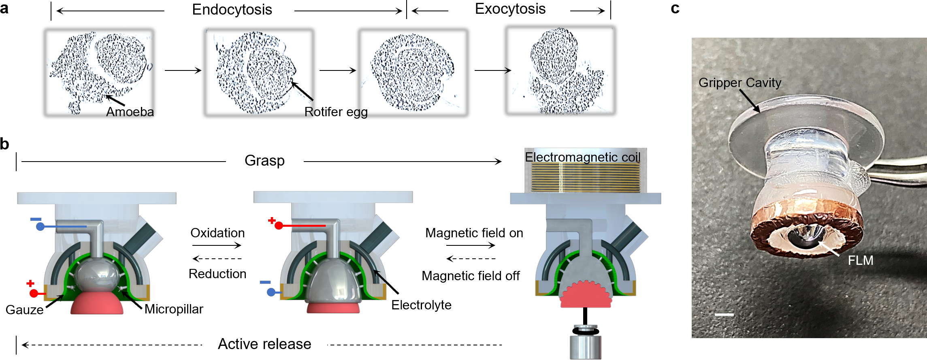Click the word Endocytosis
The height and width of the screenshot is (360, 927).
[232, 10]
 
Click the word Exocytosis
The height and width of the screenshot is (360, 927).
[510, 9]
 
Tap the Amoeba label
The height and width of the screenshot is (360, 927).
[130, 112]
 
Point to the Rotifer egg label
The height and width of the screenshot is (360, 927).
[336, 112]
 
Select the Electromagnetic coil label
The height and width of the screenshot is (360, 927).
[582, 157]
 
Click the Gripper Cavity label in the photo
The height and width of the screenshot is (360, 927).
[739, 83]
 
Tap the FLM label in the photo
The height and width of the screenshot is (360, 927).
[860, 260]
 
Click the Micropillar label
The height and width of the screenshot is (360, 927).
[174, 309]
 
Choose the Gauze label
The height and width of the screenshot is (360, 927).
[25, 310]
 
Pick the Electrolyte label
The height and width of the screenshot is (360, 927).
[421, 305]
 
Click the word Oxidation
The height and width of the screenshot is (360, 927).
[217, 233]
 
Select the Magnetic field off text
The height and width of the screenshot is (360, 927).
[471, 276]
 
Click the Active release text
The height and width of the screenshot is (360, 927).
[264, 344]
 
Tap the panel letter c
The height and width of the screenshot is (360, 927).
[675, 9]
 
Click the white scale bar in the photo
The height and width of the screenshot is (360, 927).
[724, 314]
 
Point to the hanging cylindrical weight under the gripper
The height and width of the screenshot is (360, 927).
[585, 347]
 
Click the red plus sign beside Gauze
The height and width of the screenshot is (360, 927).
[30, 283]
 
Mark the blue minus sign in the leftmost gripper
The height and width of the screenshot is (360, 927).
[36, 219]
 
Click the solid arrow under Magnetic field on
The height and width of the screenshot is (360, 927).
[470, 245]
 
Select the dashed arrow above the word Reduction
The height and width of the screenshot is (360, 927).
[217, 259]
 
